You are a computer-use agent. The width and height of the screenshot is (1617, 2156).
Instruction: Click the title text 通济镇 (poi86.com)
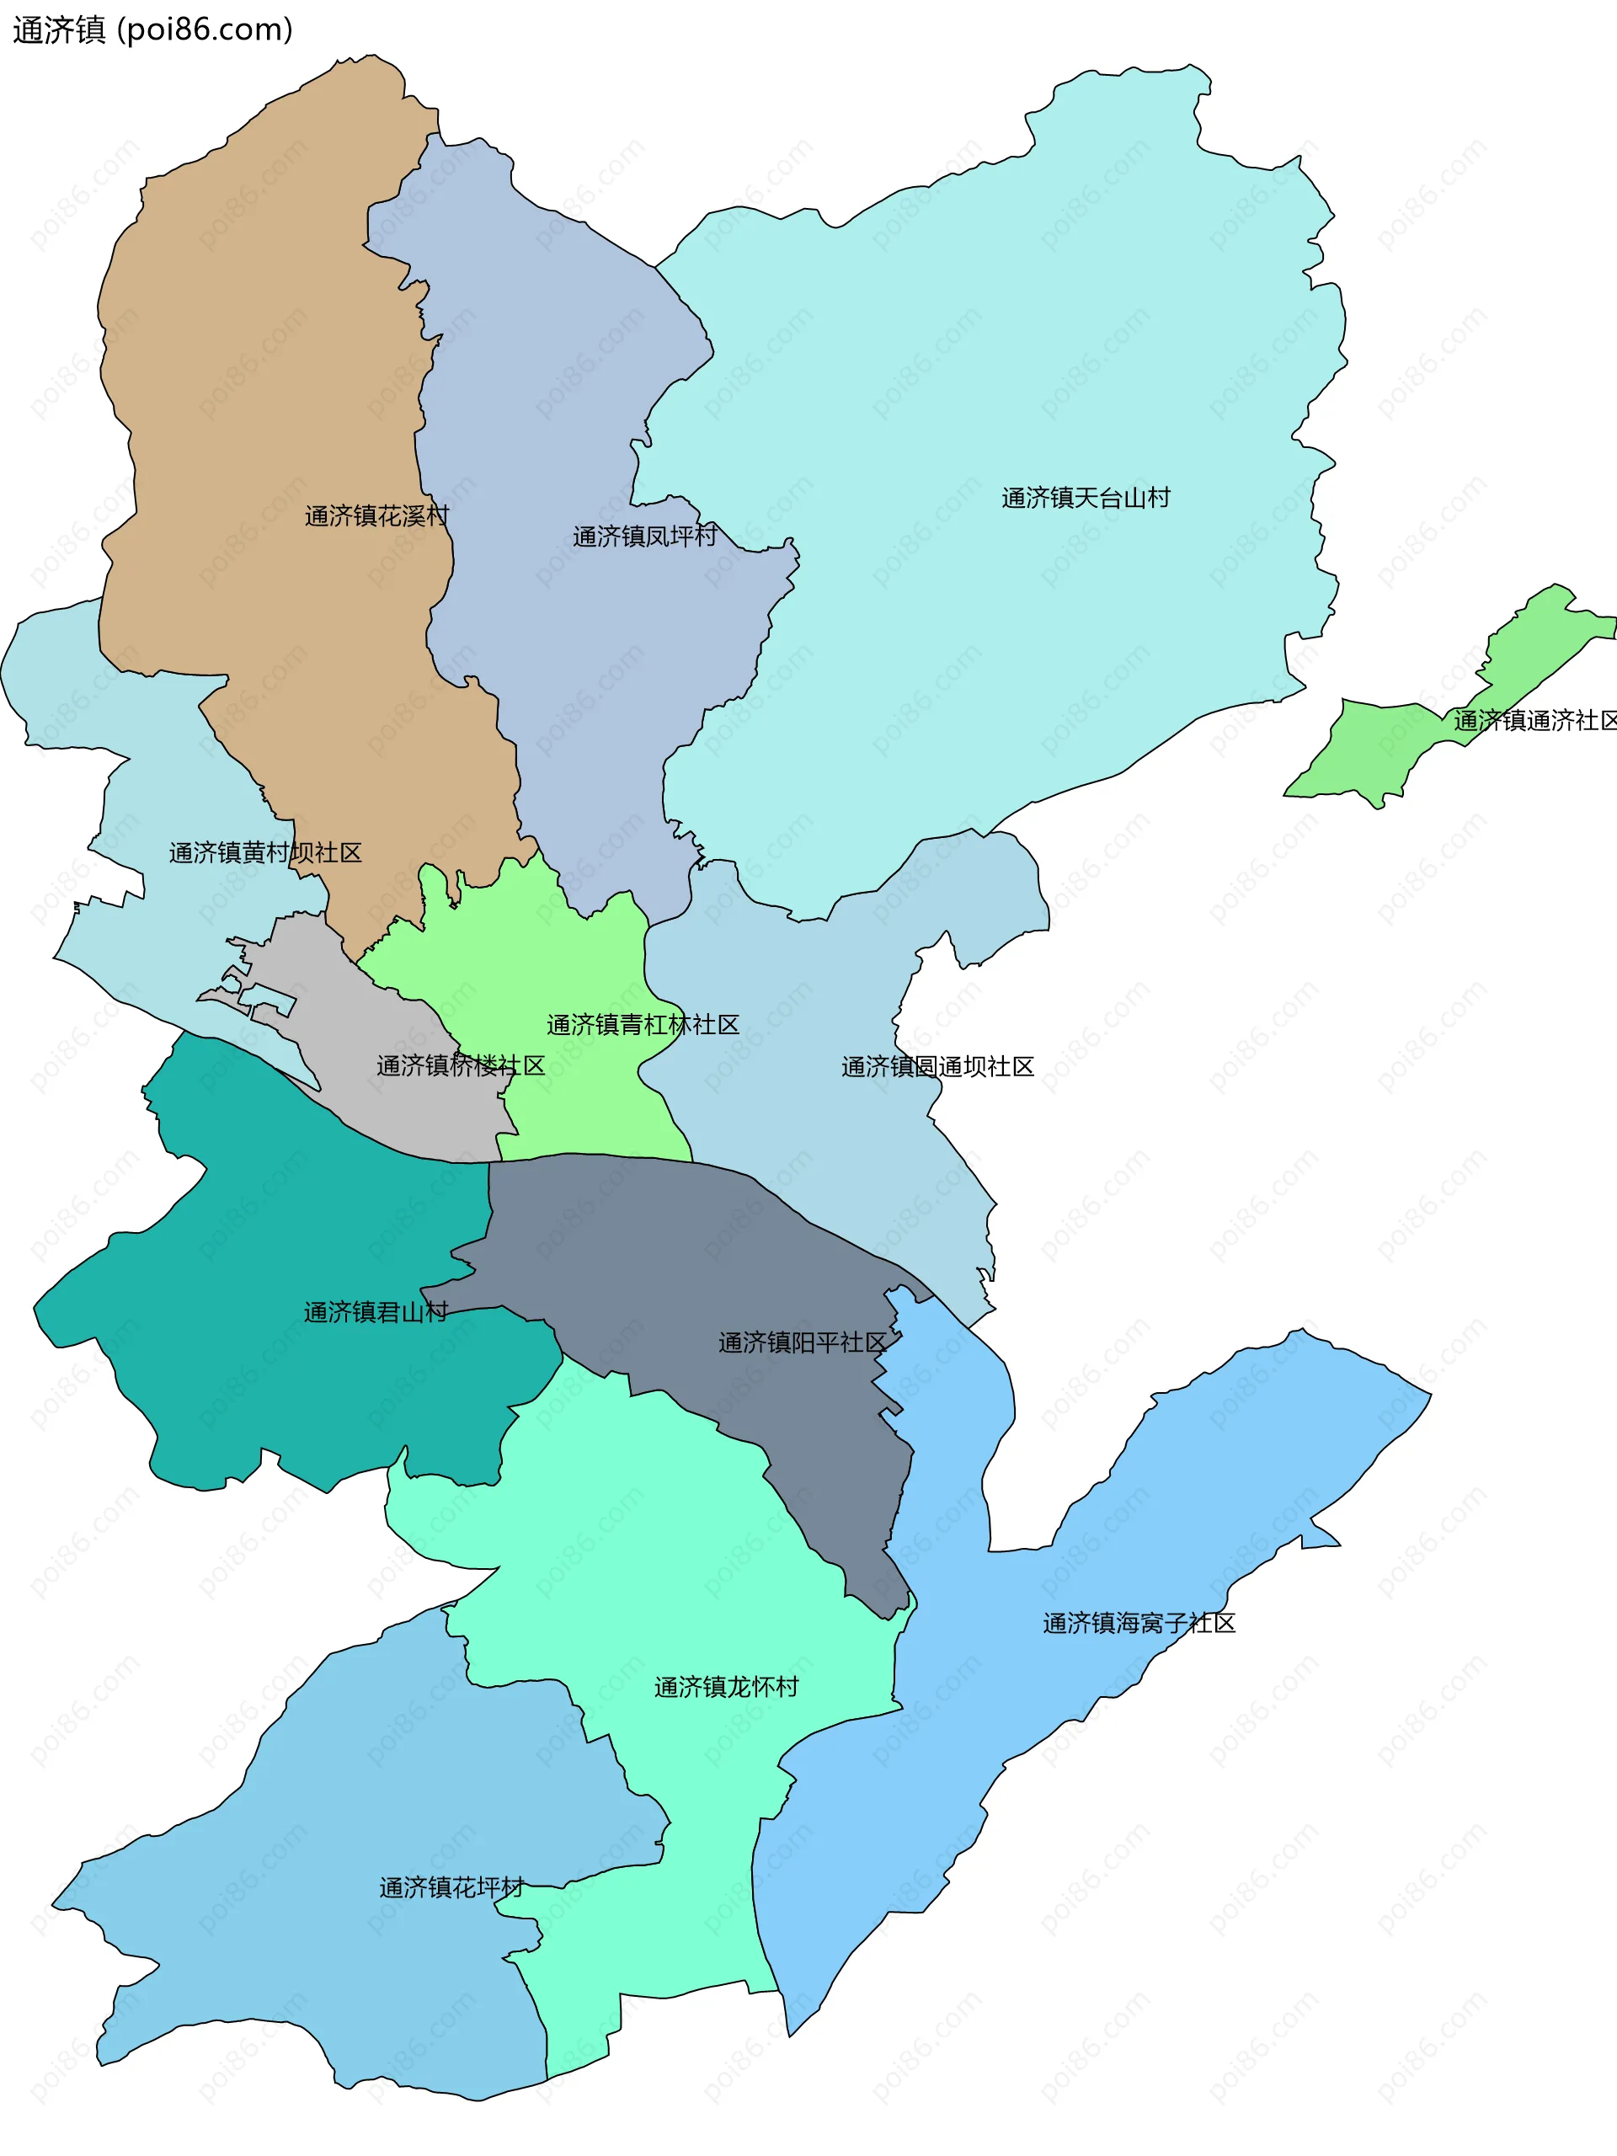152,29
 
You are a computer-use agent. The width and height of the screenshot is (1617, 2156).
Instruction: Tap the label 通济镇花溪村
376,515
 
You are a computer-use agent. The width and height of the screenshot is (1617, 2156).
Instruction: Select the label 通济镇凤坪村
644,536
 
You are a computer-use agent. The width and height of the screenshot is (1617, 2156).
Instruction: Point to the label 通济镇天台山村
1086,498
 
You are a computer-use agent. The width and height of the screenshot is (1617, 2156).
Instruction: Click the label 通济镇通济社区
1534,720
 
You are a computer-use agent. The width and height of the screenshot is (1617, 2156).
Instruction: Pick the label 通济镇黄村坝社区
265,853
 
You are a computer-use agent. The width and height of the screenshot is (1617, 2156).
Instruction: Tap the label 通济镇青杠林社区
643,1024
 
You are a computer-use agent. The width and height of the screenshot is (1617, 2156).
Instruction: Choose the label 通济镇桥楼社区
460,1065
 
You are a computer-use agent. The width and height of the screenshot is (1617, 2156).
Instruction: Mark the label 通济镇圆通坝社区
937,1066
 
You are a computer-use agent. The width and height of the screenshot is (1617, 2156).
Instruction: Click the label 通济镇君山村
376,1312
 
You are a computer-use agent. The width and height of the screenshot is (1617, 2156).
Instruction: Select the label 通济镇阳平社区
802,1342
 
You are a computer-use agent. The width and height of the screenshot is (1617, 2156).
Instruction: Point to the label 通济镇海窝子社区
1139,1623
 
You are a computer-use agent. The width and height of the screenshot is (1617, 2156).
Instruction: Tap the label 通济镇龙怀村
726,1686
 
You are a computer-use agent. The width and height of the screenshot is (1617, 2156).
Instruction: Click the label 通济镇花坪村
451,1888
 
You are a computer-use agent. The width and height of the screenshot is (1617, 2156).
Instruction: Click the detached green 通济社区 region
1384,750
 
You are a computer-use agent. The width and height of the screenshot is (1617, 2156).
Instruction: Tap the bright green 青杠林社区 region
546,955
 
